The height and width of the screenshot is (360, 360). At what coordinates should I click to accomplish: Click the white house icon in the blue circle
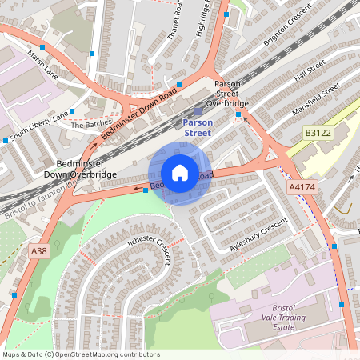click(x=180, y=173)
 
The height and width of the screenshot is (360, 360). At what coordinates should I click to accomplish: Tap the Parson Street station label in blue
click(x=197, y=128)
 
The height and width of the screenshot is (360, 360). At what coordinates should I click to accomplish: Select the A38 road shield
click(x=39, y=251)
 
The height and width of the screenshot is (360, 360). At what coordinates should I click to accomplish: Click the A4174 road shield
click(x=301, y=186)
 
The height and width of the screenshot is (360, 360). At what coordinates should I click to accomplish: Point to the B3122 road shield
click(x=317, y=131)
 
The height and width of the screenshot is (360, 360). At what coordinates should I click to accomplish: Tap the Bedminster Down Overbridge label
click(x=80, y=169)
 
